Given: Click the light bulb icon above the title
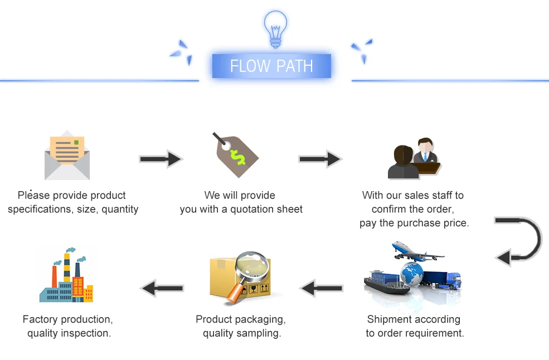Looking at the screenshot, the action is tap(275, 29).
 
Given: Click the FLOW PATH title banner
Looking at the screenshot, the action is tap(271, 66).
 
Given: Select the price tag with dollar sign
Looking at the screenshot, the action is tap(236, 155).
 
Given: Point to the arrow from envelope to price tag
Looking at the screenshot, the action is tap(161, 159).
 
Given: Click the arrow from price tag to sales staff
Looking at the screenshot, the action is tap(320, 159).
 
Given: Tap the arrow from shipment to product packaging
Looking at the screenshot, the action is tap(321, 288).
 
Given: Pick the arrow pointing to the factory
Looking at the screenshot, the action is tap(162, 288).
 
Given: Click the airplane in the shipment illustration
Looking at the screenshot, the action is tap(417, 251).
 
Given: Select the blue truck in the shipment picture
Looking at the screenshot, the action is tap(442, 280).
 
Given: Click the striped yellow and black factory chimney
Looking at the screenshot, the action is tap(66, 267).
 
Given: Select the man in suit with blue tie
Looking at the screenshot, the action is tap(426, 150).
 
